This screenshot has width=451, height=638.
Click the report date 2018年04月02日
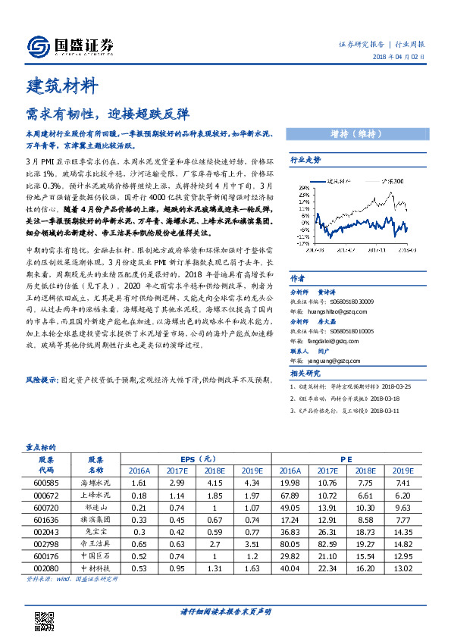click(407, 58)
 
